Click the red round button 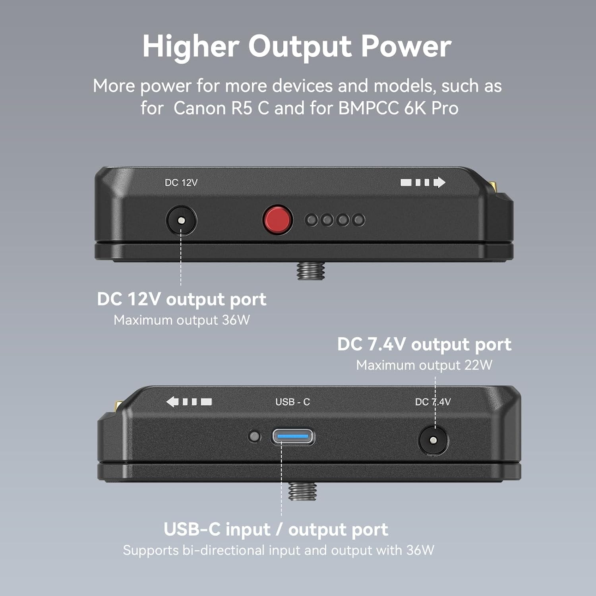click(278, 220)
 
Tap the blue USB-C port click(293, 437)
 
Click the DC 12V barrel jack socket click(181, 220)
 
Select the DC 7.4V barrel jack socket click(433, 440)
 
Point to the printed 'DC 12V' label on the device click(181, 183)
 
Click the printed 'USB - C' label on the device click(292, 402)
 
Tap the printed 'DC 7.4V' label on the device click(433, 402)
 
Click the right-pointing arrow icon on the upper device click(423, 182)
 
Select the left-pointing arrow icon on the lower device click(189, 402)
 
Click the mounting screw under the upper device click(311, 270)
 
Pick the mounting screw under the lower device click(302, 491)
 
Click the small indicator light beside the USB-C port click(254, 437)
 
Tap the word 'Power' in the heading click(406, 46)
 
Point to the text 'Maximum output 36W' click(182, 320)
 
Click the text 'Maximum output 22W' click(424, 365)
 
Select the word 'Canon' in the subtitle click(200, 108)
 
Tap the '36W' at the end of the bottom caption click(420, 550)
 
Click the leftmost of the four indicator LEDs click(312, 220)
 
